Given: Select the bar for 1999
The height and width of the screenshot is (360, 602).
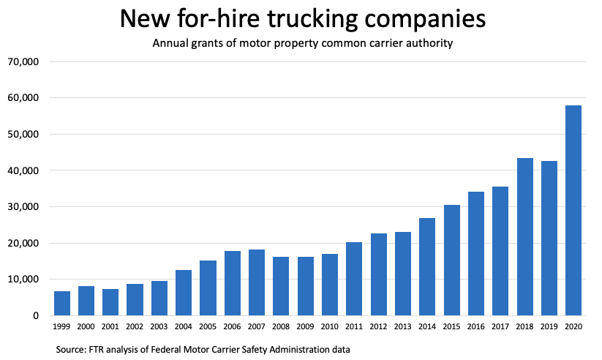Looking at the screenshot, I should point(62,303).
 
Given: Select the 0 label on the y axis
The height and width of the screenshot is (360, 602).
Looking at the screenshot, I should point(34,316).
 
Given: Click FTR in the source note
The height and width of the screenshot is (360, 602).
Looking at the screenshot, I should point(105,350).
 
